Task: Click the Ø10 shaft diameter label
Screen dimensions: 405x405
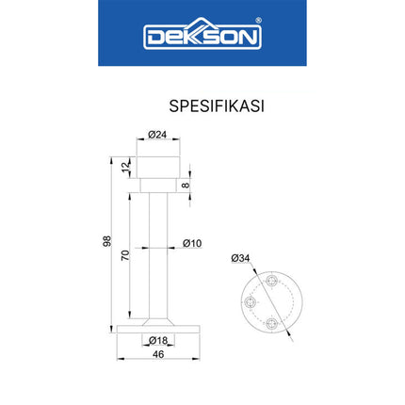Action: pos(191,244)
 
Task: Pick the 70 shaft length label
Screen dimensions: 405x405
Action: pos(126,254)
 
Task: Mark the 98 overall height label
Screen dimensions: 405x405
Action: pos(106,241)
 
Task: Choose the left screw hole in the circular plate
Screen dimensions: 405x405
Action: pos(251,302)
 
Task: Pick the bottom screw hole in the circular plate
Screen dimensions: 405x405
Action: pos(272,323)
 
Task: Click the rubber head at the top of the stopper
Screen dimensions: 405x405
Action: pos(158,166)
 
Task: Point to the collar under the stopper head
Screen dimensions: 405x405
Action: pos(158,185)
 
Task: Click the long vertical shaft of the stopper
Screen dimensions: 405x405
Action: pos(158,254)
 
